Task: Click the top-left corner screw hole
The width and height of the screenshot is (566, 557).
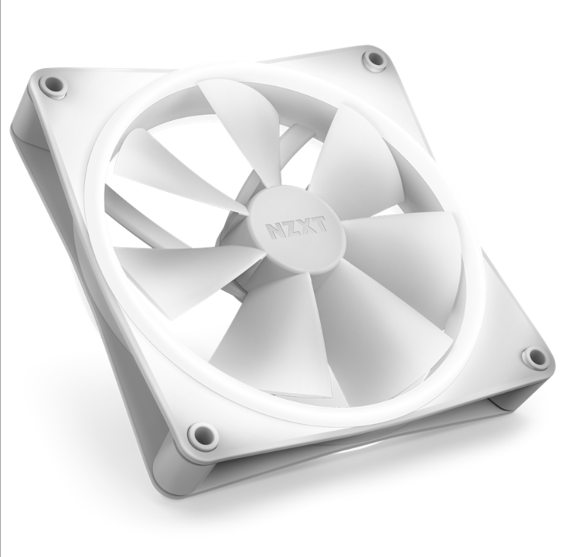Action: (53, 84)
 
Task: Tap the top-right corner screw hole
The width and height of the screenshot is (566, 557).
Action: (375, 60)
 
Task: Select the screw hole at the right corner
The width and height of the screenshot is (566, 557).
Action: (534, 357)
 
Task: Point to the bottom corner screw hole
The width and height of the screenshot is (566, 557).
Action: (203, 435)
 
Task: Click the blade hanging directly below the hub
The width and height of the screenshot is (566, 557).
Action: (271, 340)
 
